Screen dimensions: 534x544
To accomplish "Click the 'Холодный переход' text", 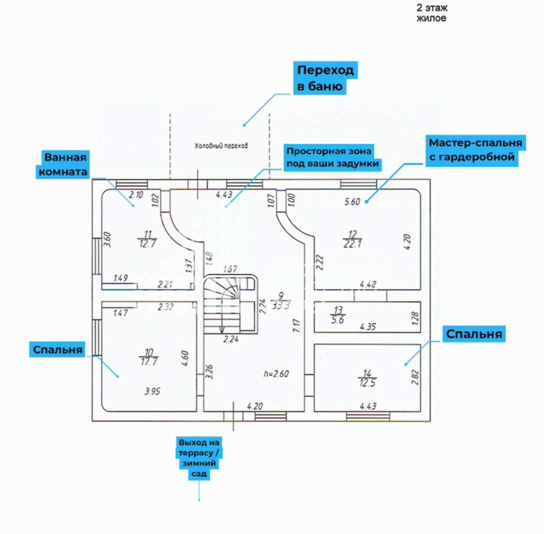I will pos(220,146).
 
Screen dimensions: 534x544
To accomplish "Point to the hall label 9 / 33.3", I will pos(282,300).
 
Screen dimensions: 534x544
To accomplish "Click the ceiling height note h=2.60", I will pos(276,374).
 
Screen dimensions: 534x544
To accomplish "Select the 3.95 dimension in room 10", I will pos(153,392).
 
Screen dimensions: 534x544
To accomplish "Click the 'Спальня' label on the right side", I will pos(474,334).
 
